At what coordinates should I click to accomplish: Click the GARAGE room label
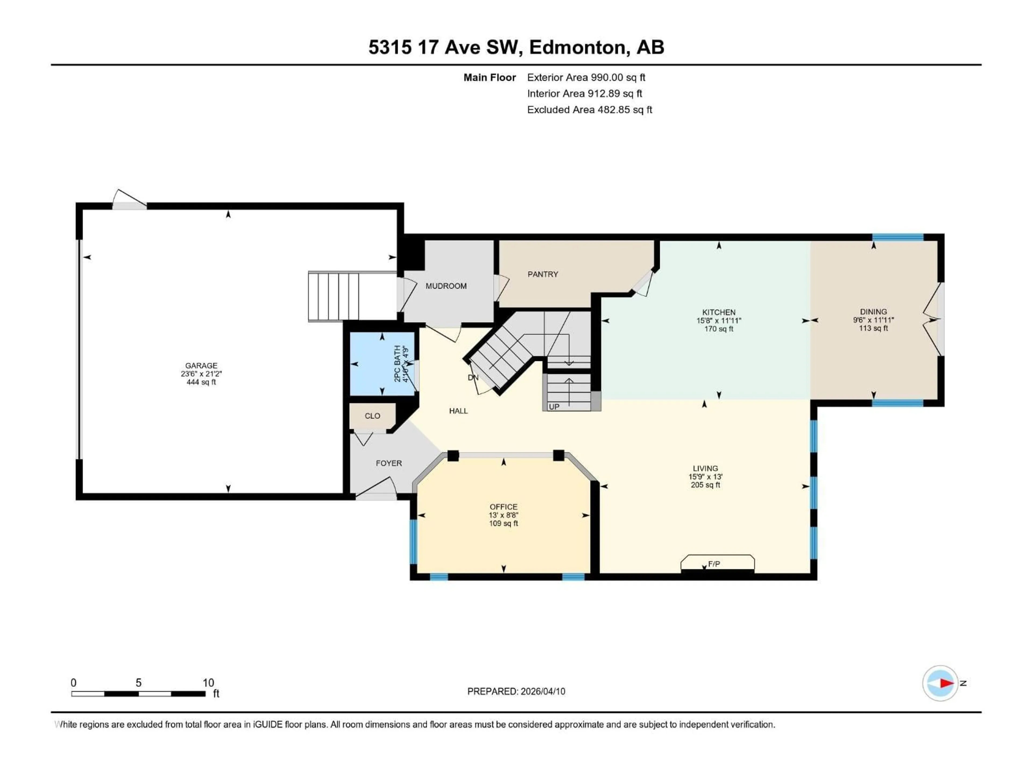point(201,366)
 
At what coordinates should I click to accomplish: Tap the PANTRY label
point(543,274)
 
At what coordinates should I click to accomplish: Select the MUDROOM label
point(446,286)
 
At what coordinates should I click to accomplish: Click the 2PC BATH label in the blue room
point(397,364)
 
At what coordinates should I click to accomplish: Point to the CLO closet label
point(372,416)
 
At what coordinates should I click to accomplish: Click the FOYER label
point(388,463)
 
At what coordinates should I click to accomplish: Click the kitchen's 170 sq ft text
point(719,329)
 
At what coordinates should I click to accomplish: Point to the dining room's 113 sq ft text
point(873,328)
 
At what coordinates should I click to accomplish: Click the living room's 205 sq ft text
point(705,485)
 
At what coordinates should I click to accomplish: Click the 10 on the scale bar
point(208,682)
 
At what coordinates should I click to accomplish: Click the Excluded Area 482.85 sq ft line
point(589,110)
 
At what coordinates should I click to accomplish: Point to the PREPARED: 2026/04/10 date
point(516,691)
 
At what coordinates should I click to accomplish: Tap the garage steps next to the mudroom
point(334,296)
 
